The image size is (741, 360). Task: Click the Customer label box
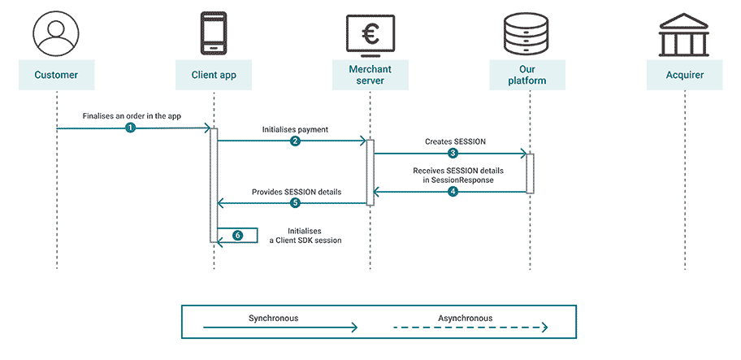click(56, 76)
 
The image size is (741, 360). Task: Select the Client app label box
click(213, 76)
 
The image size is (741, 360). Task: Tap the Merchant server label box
click(370, 76)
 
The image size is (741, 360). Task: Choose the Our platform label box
click(528, 76)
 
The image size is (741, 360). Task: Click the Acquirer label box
click(685, 76)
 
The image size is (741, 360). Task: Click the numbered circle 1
click(130, 128)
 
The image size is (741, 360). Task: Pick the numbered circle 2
click(295, 141)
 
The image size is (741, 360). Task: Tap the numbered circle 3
click(453, 153)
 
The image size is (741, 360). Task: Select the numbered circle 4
click(453, 192)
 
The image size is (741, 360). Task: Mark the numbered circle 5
click(295, 203)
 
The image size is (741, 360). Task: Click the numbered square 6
click(237, 235)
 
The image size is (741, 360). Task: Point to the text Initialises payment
click(295, 129)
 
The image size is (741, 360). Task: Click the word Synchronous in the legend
click(274, 318)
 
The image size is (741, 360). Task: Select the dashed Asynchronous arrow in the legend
click(472, 328)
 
